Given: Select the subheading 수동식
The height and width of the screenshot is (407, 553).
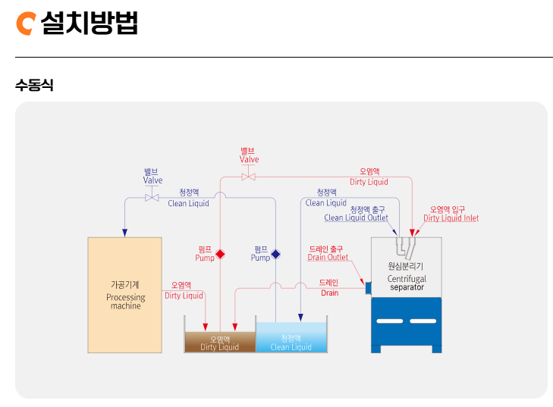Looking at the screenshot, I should (34, 85).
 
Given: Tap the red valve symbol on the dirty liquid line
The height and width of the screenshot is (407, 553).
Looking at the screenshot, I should (248, 177).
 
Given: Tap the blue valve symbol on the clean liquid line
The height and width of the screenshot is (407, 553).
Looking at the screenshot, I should (152, 198).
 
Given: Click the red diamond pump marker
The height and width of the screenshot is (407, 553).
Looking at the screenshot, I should (221, 254).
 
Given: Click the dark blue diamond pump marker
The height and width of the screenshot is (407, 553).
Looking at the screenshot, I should (275, 254).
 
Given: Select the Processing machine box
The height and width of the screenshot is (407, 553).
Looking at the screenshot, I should (124, 295).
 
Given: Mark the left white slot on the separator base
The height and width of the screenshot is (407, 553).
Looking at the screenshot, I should (389, 321).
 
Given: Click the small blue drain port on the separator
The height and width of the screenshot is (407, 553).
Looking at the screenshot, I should (368, 288).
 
